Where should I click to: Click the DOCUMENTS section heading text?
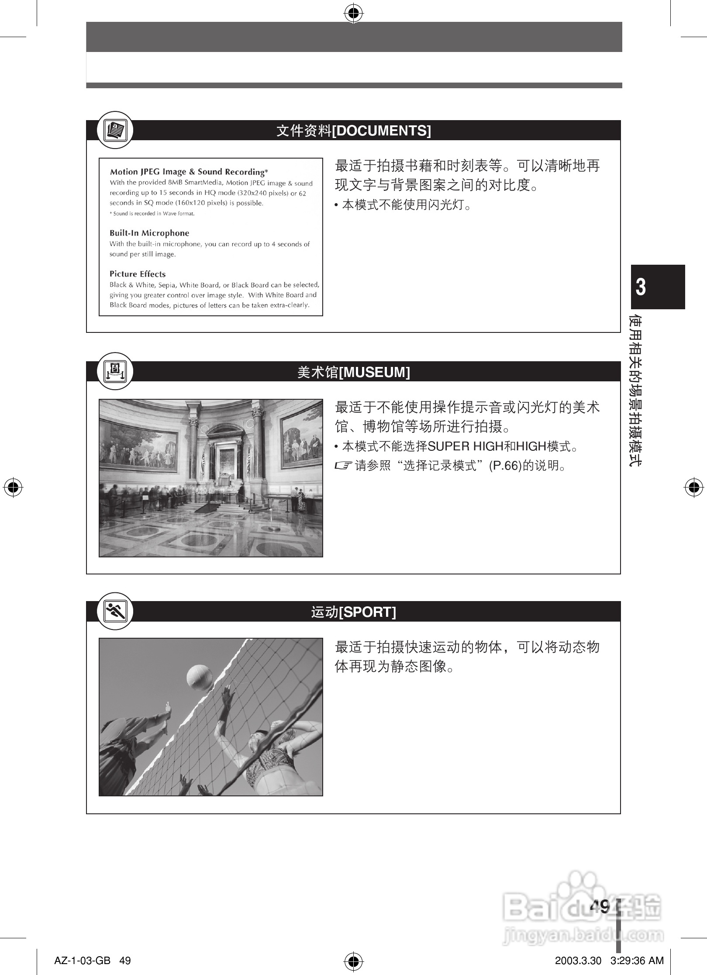(x=353, y=131)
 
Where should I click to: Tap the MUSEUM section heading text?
(x=353, y=372)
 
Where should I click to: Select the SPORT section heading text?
(x=353, y=612)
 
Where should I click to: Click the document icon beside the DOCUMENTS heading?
(x=115, y=130)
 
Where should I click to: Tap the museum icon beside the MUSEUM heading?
(x=115, y=372)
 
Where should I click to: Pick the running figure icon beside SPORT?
(x=115, y=612)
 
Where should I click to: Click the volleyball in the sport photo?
(x=200, y=678)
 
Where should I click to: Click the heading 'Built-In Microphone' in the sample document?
(x=149, y=233)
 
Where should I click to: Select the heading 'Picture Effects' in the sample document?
(x=138, y=274)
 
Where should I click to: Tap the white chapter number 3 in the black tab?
(x=640, y=287)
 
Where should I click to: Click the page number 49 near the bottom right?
(x=599, y=907)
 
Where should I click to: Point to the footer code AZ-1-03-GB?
(x=82, y=961)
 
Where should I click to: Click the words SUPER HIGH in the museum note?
(x=465, y=446)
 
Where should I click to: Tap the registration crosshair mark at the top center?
(x=353, y=14)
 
